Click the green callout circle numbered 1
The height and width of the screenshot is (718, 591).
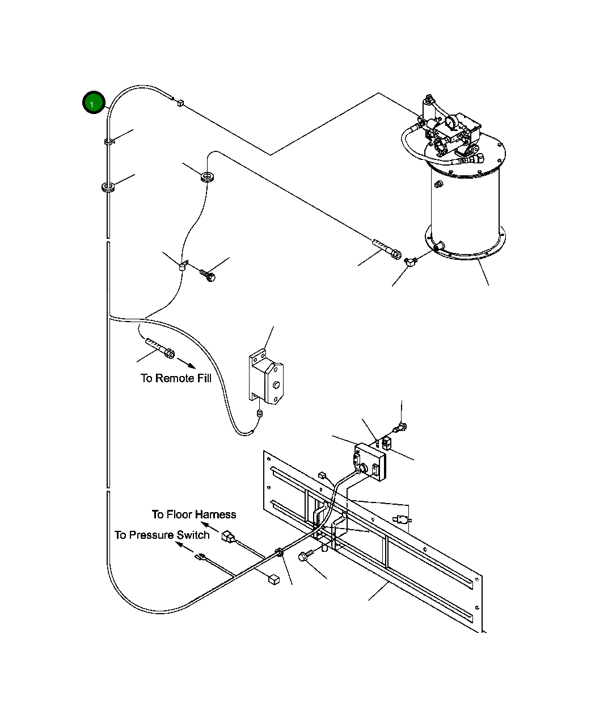94,102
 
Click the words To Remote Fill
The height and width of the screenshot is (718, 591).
176,378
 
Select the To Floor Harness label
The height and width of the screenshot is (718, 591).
194,514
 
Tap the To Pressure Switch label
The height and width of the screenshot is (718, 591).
162,535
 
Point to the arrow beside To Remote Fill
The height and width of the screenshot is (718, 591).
187,364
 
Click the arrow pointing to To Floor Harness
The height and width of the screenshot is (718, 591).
210,527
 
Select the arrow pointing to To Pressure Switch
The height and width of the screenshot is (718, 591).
184,547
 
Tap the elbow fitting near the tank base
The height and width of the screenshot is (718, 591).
411,262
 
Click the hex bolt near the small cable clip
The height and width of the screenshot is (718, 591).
208,276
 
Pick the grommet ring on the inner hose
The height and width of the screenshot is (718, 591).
207,177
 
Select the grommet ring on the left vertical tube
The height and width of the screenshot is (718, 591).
108,187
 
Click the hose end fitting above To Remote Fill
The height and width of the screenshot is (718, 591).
160,348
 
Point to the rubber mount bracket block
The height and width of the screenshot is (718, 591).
266,377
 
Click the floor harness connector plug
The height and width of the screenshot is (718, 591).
228,537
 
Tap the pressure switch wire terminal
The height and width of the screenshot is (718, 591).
200,557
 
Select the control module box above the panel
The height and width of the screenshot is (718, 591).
370,462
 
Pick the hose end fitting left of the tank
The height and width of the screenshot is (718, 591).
387,249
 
